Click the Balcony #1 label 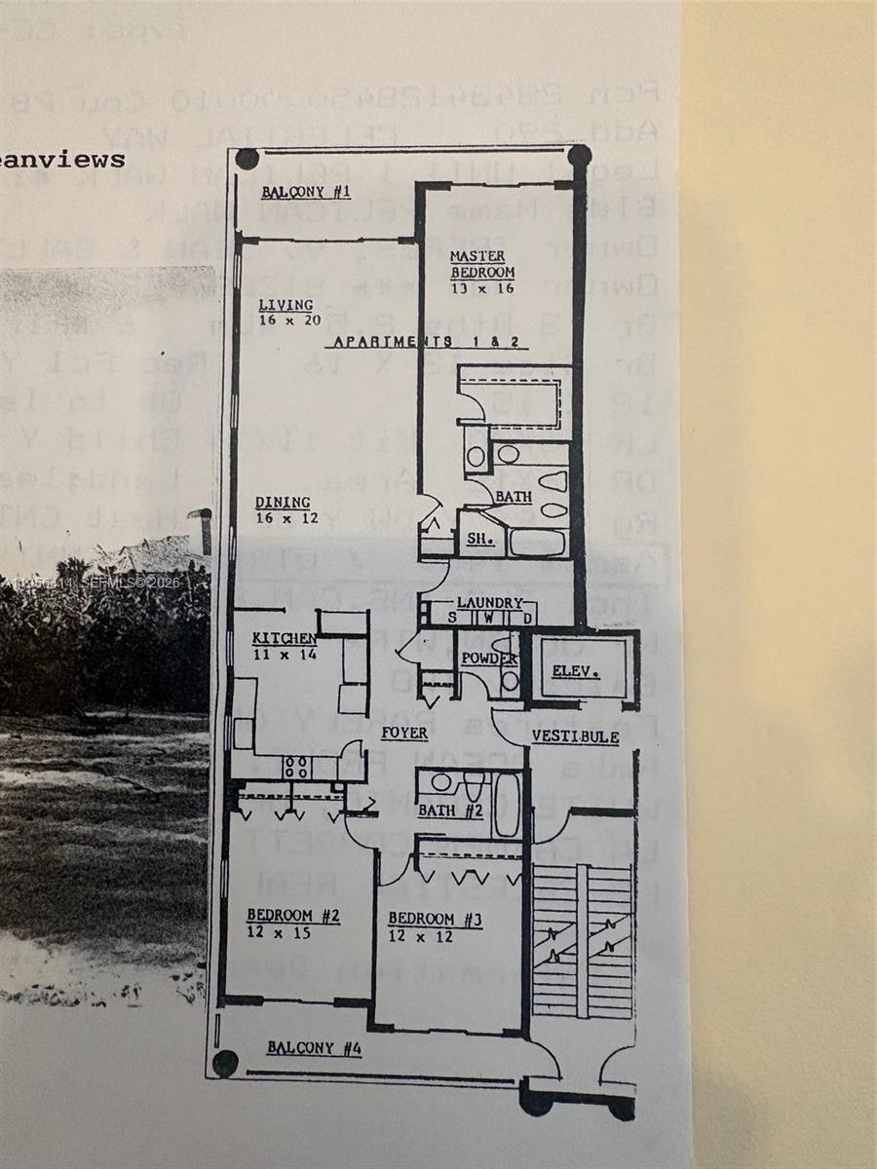(x=305, y=192)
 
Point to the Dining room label (x=283, y=503)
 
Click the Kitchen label (x=284, y=638)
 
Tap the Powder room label (x=488, y=659)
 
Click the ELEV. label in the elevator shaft (x=575, y=671)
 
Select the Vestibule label (x=575, y=736)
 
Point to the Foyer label (x=404, y=732)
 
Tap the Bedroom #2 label (x=292, y=916)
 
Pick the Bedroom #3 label (x=435, y=919)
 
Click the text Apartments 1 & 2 (x=430, y=342)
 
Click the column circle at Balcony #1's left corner (x=247, y=159)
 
